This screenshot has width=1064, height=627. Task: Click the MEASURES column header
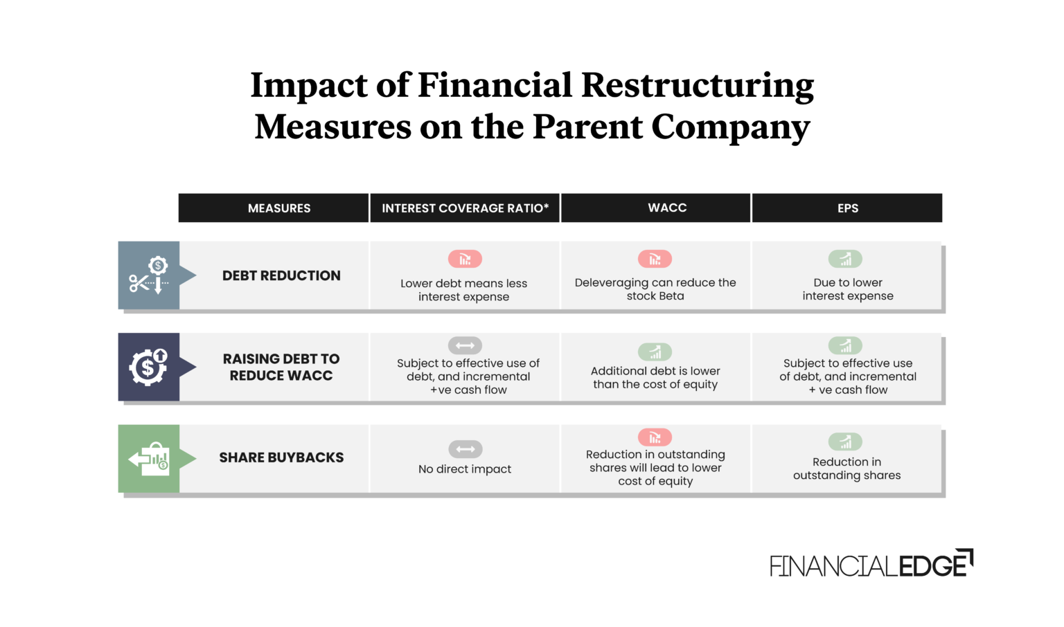tap(279, 208)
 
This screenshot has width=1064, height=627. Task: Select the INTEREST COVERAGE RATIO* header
tap(465, 208)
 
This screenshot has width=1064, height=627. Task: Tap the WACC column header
tap(667, 208)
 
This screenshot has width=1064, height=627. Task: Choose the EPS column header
tap(847, 208)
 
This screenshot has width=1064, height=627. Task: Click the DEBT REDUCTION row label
tap(281, 275)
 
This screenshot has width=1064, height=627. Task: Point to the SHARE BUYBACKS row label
tap(281, 457)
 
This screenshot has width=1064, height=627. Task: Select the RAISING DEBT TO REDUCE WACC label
tap(281, 367)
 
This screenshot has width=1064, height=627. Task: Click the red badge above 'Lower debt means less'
tap(465, 260)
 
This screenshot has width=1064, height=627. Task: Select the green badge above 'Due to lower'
tap(845, 260)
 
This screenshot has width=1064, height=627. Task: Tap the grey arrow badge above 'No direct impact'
tap(465, 449)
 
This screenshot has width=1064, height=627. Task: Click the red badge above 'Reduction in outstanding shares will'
tap(655, 437)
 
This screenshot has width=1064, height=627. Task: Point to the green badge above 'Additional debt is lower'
tap(655, 352)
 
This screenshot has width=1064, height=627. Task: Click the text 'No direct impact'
tap(465, 469)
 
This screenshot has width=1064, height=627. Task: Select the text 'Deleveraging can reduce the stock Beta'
tap(655, 289)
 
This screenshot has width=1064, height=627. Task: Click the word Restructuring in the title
tap(697, 86)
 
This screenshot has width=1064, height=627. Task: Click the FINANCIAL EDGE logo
tap(871, 565)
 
